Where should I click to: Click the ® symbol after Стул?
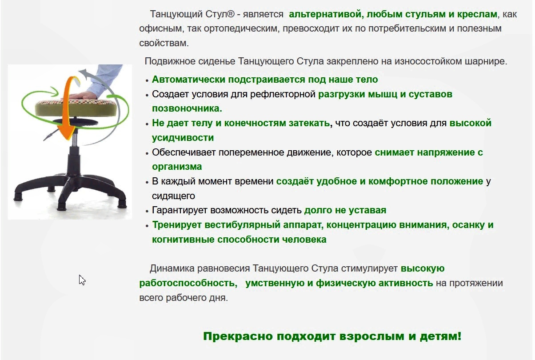click(x=230, y=14)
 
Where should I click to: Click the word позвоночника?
click(x=187, y=108)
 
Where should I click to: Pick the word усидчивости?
click(x=183, y=138)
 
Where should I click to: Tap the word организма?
click(x=177, y=167)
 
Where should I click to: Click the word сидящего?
click(x=173, y=196)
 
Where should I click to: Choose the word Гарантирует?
click(x=180, y=210)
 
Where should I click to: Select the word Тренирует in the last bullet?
click(x=177, y=225)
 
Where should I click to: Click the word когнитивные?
click(x=183, y=240)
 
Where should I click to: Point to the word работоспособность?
click(x=188, y=283)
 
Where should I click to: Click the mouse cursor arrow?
click(x=82, y=280)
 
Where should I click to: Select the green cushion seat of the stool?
click(x=76, y=108)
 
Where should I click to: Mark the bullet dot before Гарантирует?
click(x=147, y=211)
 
